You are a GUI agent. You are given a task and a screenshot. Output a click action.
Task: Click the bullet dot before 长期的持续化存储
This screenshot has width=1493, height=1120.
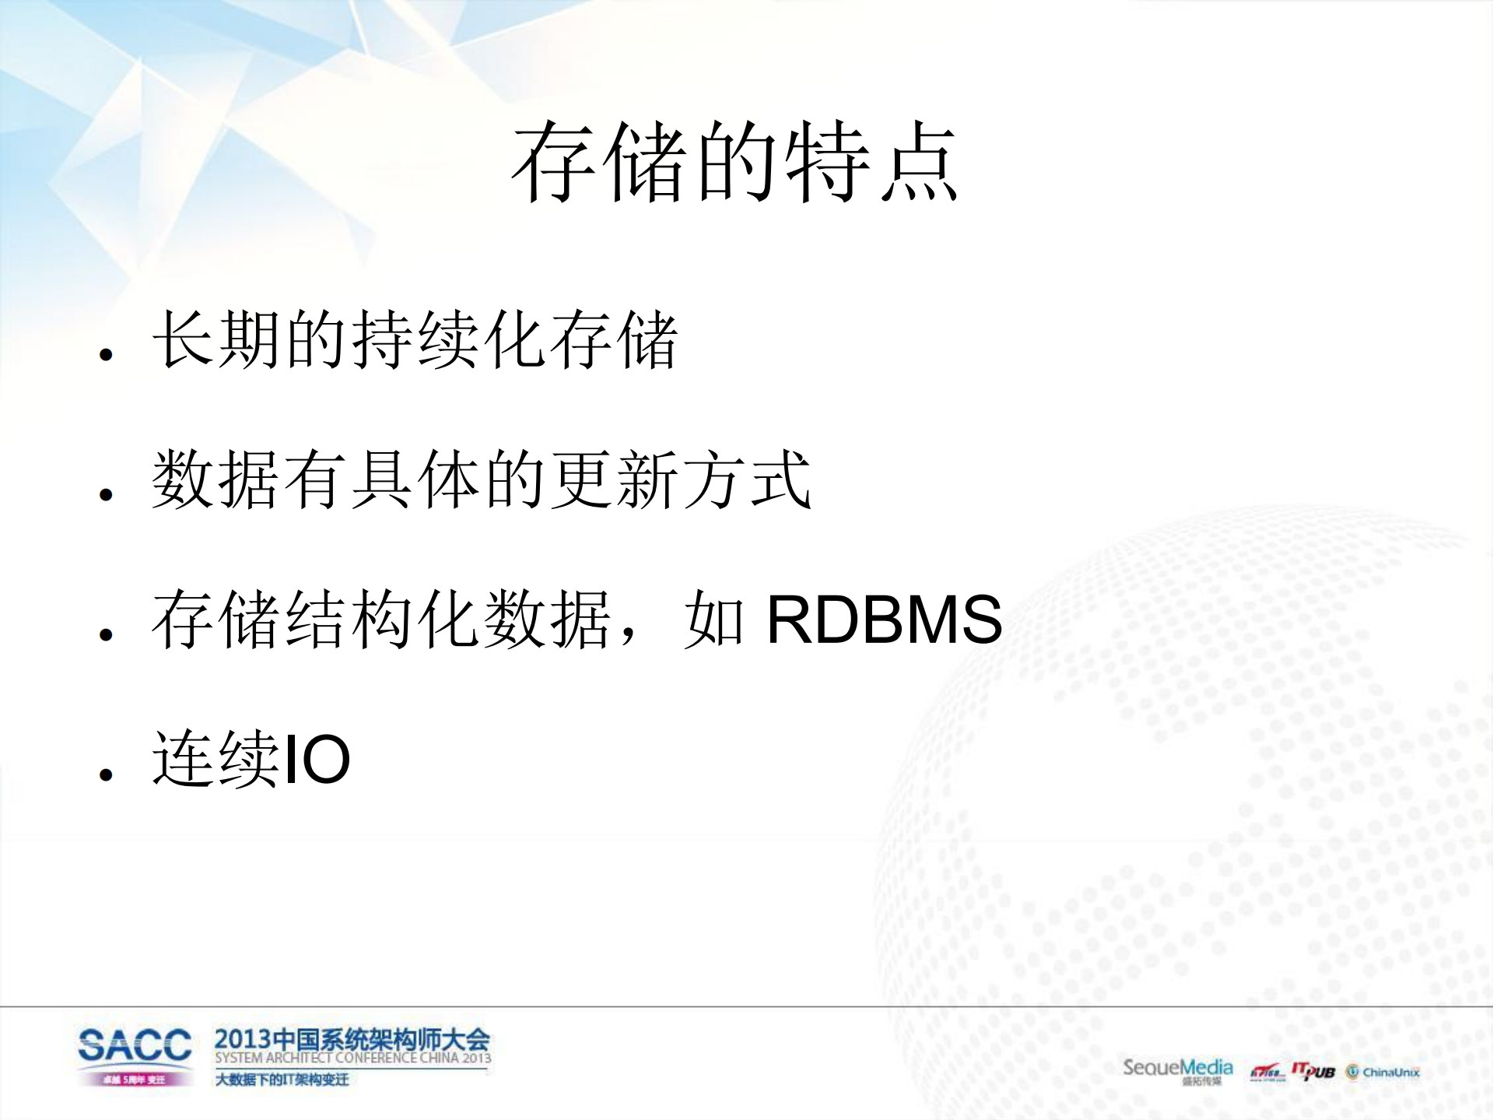click(x=107, y=356)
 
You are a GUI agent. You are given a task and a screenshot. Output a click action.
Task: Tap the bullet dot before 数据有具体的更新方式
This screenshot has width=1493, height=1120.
click(x=107, y=494)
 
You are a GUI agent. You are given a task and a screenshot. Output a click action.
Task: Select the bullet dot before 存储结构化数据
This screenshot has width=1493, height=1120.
click(x=107, y=634)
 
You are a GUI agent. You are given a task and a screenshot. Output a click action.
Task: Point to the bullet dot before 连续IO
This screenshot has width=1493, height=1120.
click(x=107, y=774)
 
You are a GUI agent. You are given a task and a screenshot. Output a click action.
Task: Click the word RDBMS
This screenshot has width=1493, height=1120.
click(x=884, y=620)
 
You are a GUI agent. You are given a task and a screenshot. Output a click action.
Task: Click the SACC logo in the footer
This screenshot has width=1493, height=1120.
click(x=135, y=1045)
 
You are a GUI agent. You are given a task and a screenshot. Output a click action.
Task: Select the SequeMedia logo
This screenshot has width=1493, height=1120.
click(x=1177, y=1068)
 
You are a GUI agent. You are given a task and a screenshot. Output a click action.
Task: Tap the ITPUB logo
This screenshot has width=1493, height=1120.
click(x=1313, y=1072)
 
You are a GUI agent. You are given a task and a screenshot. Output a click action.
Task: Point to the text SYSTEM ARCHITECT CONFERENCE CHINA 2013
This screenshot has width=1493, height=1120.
click(x=352, y=1059)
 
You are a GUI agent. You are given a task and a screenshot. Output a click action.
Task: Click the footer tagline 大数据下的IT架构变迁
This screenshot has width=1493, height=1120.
click(x=282, y=1080)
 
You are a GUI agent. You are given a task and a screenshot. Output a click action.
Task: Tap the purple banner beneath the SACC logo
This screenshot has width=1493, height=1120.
click(x=135, y=1080)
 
